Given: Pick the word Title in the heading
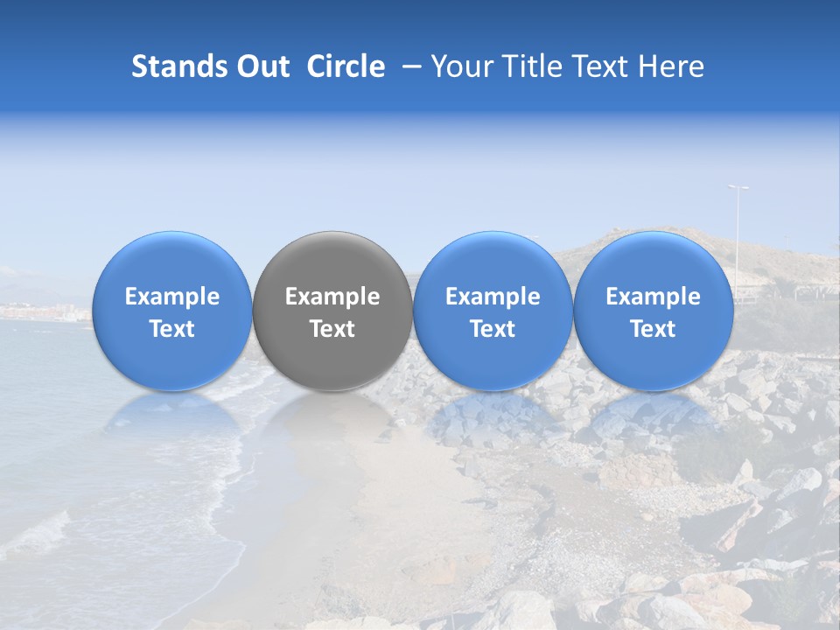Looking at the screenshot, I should [x=530, y=67].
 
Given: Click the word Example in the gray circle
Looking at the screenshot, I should [x=332, y=297].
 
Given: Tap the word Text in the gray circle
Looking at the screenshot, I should [x=332, y=329].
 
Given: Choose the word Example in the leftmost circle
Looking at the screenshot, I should [x=172, y=297].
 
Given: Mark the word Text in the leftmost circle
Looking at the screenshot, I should [x=172, y=329].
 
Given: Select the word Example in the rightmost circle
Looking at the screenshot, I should [x=653, y=297].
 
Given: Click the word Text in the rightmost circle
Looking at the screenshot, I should [x=653, y=329].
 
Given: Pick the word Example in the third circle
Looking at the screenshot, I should [x=493, y=297].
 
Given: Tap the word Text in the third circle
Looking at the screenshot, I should [x=493, y=329].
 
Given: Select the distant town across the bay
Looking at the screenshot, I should [x=44, y=311].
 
